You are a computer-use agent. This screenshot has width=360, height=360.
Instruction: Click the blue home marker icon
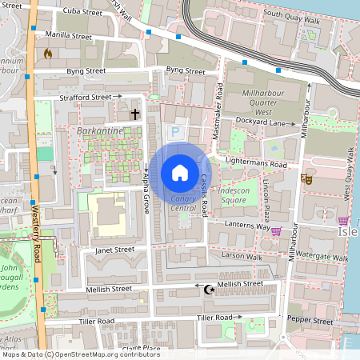[180, 173]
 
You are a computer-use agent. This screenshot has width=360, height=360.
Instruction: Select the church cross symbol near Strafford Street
[136, 114]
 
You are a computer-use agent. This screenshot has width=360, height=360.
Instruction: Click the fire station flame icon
[48, 54]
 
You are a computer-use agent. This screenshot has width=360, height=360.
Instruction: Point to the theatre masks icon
[305, 178]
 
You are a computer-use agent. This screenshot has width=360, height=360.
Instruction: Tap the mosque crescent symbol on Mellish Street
[210, 289]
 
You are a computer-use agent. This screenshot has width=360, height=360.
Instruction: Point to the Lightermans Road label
[257, 164]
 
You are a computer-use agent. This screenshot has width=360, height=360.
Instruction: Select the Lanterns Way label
[242, 227]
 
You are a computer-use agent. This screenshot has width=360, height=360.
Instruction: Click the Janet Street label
[114, 250]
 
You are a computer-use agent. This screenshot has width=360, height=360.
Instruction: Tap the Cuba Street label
[82, 13]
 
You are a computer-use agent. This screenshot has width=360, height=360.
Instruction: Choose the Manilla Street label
[70, 36]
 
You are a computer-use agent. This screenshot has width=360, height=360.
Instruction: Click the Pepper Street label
[310, 321]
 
